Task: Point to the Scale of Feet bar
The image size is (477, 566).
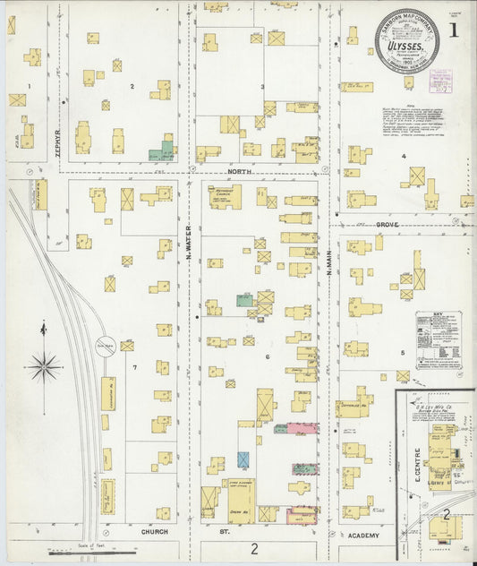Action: (x=74, y=553)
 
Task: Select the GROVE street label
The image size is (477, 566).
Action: (x=387, y=224)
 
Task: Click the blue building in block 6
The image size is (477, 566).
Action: (x=243, y=459)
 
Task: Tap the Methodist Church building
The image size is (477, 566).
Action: (x=225, y=197)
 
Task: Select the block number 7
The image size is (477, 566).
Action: (x=135, y=368)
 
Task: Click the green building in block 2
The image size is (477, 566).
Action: (x=161, y=149)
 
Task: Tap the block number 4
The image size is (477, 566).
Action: (x=404, y=156)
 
